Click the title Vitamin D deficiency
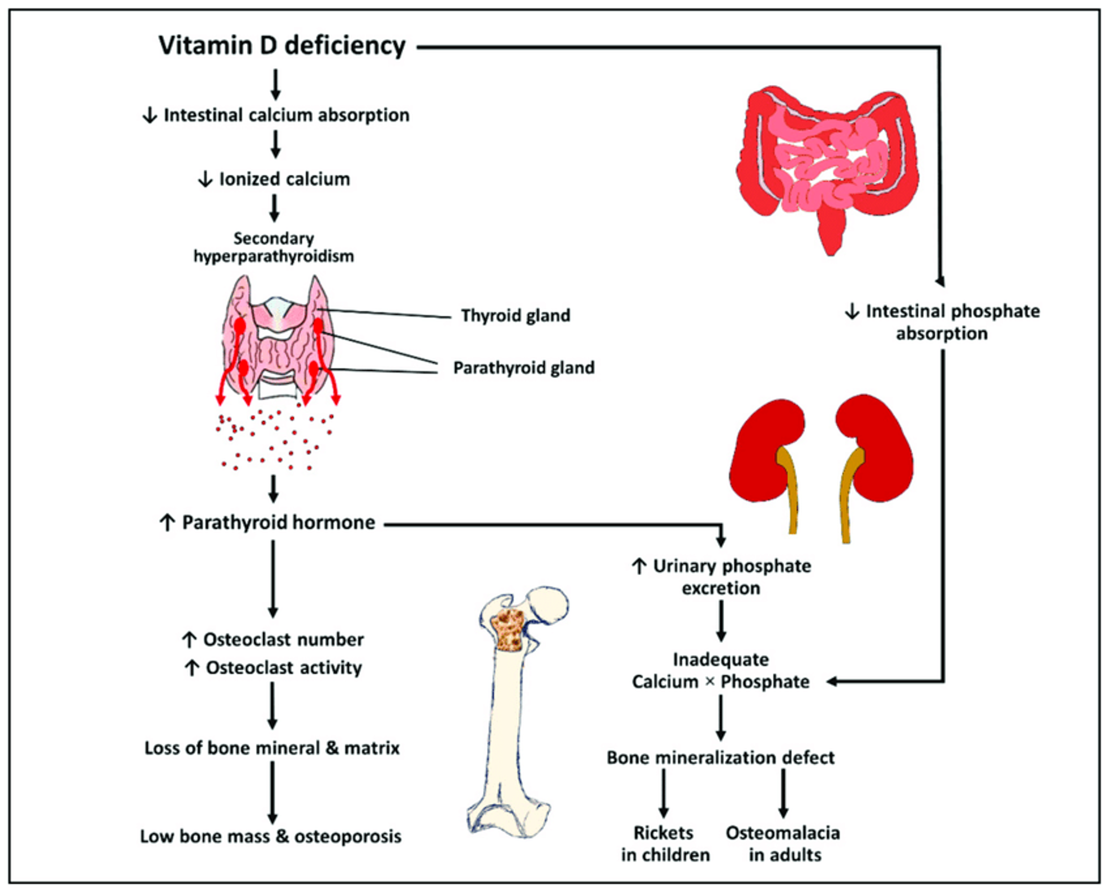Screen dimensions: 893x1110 coord(282,46)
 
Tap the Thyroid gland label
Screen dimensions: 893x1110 coord(515,316)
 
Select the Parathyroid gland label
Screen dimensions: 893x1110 coord(524,368)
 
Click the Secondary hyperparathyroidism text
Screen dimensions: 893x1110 coord(273,248)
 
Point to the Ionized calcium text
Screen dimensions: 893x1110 coord(284,179)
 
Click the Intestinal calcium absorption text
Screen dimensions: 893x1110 coord(286,115)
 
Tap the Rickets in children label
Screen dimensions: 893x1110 coord(665,844)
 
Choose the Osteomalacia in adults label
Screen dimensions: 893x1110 coord(783,844)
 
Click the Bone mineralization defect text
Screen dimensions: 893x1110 coord(720,758)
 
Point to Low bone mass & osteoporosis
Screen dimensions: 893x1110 coord(271,836)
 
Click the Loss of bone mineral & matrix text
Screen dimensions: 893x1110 coord(272,748)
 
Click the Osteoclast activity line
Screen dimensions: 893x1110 coord(284,668)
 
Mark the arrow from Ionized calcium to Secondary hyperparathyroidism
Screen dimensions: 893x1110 coord(274,208)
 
